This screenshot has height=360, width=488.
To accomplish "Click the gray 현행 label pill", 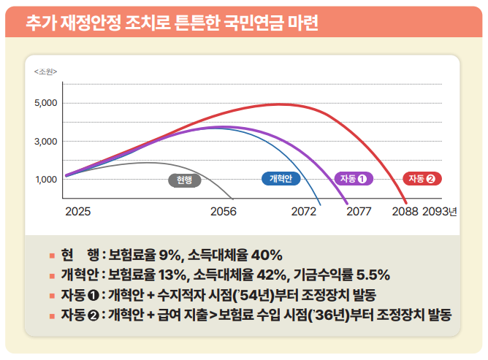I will pos(184,180).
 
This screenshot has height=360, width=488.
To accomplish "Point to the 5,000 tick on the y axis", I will pos(45,103).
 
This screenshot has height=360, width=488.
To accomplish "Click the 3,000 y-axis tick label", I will pos(45,141).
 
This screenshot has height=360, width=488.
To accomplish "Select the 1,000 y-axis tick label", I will pos(45,180).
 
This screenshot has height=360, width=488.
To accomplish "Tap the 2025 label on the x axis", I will pos(78,212).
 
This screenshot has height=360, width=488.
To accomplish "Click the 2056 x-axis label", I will pos(223,212).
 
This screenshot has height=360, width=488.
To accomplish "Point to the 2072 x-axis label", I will pos(303,212).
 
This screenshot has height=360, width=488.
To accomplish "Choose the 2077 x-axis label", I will pos(359,212).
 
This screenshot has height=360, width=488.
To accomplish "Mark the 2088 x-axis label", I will pos(405,212).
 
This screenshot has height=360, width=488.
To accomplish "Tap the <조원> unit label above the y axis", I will pos(45,71).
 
